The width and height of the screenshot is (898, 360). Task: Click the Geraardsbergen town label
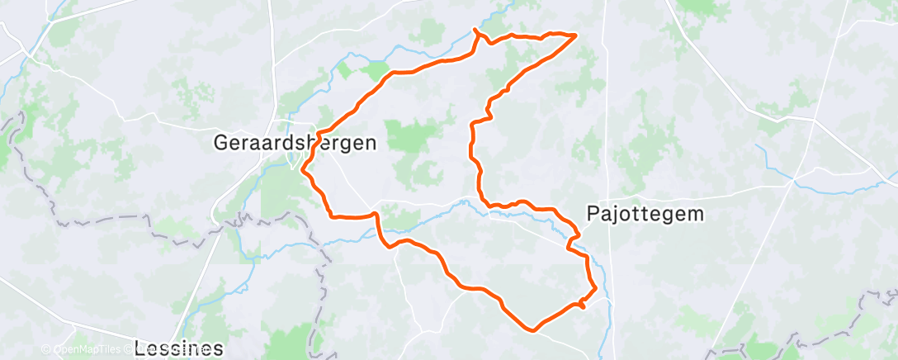point(295,142)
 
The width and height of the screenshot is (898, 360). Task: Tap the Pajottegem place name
point(645,213)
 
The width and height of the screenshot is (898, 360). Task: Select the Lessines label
point(179,348)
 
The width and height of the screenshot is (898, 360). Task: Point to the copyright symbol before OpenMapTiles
point(46,349)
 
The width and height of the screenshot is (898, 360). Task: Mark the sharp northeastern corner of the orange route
point(574,35)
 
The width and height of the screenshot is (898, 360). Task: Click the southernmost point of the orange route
point(535,329)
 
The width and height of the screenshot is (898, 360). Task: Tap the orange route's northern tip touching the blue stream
point(475,31)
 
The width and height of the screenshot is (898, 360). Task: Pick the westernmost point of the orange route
point(303,170)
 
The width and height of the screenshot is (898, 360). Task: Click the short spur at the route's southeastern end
point(583,306)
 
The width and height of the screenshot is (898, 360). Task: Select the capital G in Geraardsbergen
point(221,142)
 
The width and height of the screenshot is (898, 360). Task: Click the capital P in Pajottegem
point(593,213)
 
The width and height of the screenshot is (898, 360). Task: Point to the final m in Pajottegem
point(697,213)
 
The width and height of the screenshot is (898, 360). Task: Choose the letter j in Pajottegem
point(615,215)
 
